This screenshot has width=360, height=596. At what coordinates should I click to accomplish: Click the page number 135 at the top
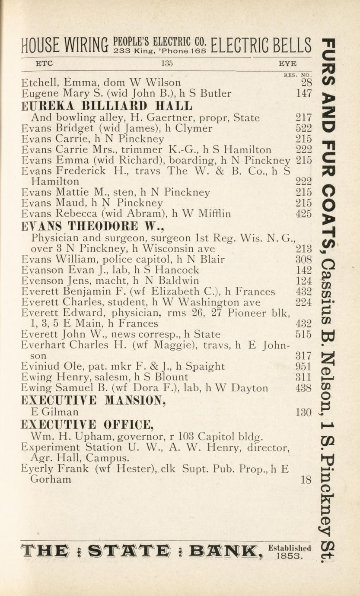[x=167, y=63]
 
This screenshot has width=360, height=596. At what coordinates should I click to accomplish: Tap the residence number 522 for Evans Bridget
[x=303, y=128]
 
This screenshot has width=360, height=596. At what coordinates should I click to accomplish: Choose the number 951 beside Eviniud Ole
[x=303, y=367]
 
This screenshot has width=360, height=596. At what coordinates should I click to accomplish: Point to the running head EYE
[x=287, y=63]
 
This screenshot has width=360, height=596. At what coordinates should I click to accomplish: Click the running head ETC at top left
[x=44, y=63]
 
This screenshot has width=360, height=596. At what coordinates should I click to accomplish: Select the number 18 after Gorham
[x=306, y=479]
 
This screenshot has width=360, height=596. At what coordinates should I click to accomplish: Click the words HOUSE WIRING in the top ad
[x=65, y=46]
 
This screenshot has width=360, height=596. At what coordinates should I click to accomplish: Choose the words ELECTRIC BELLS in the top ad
[x=262, y=46]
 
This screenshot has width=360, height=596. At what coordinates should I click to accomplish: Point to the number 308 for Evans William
[x=303, y=260]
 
